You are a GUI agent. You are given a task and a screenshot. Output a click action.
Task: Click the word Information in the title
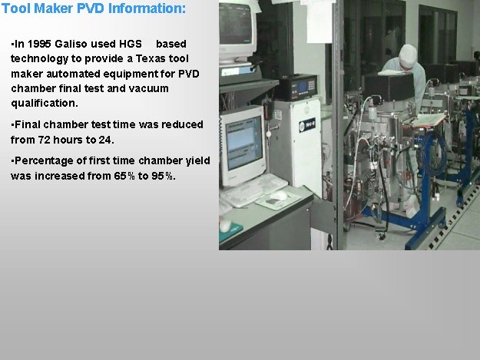tap(147, 8)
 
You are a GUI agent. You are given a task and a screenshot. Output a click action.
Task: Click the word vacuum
tap(148, 89)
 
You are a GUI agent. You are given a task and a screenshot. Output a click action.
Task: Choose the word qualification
tap(45, 104)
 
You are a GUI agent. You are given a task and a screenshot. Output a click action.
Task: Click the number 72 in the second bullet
tap(44, 140)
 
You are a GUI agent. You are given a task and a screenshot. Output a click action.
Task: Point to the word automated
tap(74, 74)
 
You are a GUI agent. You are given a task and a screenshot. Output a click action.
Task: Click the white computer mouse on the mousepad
tap(278, 196)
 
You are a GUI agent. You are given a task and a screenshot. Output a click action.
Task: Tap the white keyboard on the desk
tap(253, 190)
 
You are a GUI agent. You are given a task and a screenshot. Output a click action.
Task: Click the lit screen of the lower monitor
tap(243, 143)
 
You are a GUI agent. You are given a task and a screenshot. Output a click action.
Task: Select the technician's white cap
tap(408, 54)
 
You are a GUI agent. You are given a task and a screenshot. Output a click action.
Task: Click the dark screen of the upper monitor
tap(235, 24)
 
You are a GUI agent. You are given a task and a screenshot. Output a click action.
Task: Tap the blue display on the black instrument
tap(303, 88)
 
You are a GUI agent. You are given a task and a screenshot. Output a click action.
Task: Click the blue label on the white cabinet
tap(307, 125)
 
